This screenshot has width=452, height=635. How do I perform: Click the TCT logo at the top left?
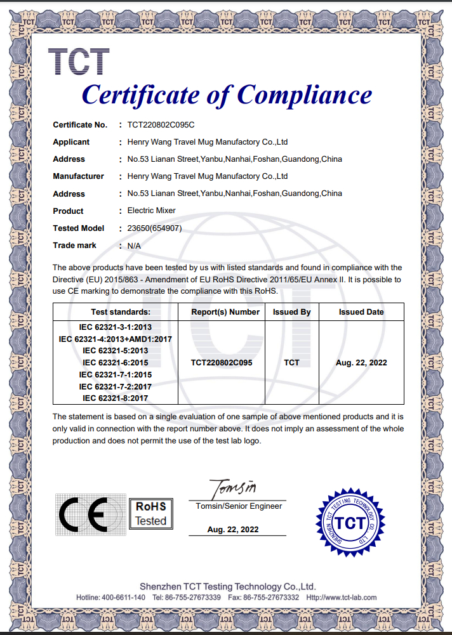tap(79, 62)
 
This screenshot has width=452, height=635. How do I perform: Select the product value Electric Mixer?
tap(152, 211)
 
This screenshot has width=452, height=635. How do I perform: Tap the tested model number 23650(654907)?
tap(155, 228)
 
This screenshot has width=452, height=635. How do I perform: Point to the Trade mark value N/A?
tap(134, 245)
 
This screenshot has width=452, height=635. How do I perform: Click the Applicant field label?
tap(71, 142)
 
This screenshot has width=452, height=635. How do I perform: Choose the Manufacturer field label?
tap(78, 176)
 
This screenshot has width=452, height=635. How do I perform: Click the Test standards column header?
tap(121, 312)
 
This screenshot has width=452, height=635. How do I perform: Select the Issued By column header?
tap(291, 312)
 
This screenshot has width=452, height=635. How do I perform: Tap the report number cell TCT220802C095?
tap(222, 363)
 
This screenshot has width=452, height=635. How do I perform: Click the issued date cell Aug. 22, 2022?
tap(361, 363)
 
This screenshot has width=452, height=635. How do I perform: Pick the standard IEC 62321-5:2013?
tap(115, 351)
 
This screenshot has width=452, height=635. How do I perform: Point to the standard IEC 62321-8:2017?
tap(115, 398)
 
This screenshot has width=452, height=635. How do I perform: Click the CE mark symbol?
tap(83, 513)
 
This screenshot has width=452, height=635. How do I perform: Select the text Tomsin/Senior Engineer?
tap(239, 506)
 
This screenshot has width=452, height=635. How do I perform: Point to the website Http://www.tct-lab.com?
tap(342, 598)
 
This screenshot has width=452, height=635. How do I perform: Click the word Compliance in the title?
tap(305, 96)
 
